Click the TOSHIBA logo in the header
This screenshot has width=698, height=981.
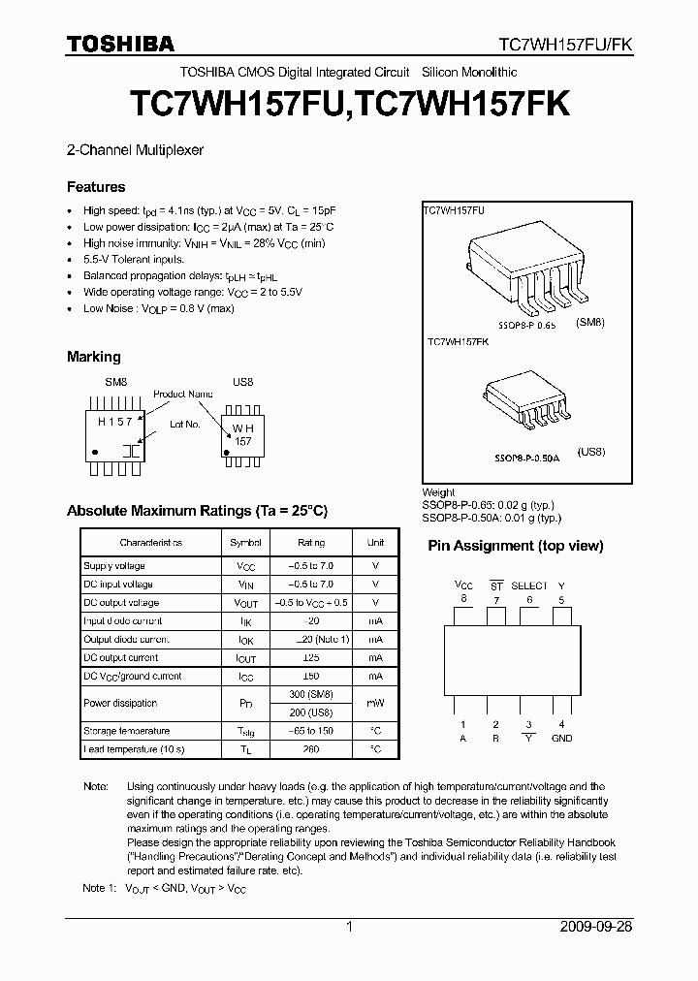(121, 45)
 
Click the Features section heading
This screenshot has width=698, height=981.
(96, 187)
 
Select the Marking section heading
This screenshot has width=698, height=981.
(94, 357)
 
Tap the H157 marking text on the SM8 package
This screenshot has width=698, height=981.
(115, 423)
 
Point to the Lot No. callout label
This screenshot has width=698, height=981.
(185, 425)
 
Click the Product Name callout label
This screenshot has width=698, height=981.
(182, 395)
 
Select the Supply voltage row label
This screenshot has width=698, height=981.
(114, 566)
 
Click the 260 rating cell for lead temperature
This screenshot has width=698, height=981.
(310, 749)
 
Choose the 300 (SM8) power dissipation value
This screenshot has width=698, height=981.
(310, 695)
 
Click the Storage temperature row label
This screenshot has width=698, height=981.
(127, 731)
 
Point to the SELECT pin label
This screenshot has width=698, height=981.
(529, 585)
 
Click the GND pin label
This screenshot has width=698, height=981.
(561, 738)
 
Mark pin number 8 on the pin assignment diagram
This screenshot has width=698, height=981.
(463, 599)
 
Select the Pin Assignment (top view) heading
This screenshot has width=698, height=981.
(515, 546)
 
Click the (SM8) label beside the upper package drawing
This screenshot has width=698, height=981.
(589, 323)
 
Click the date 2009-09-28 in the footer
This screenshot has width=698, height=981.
(595, 927)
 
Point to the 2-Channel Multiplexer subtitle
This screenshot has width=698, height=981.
(135, 150)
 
